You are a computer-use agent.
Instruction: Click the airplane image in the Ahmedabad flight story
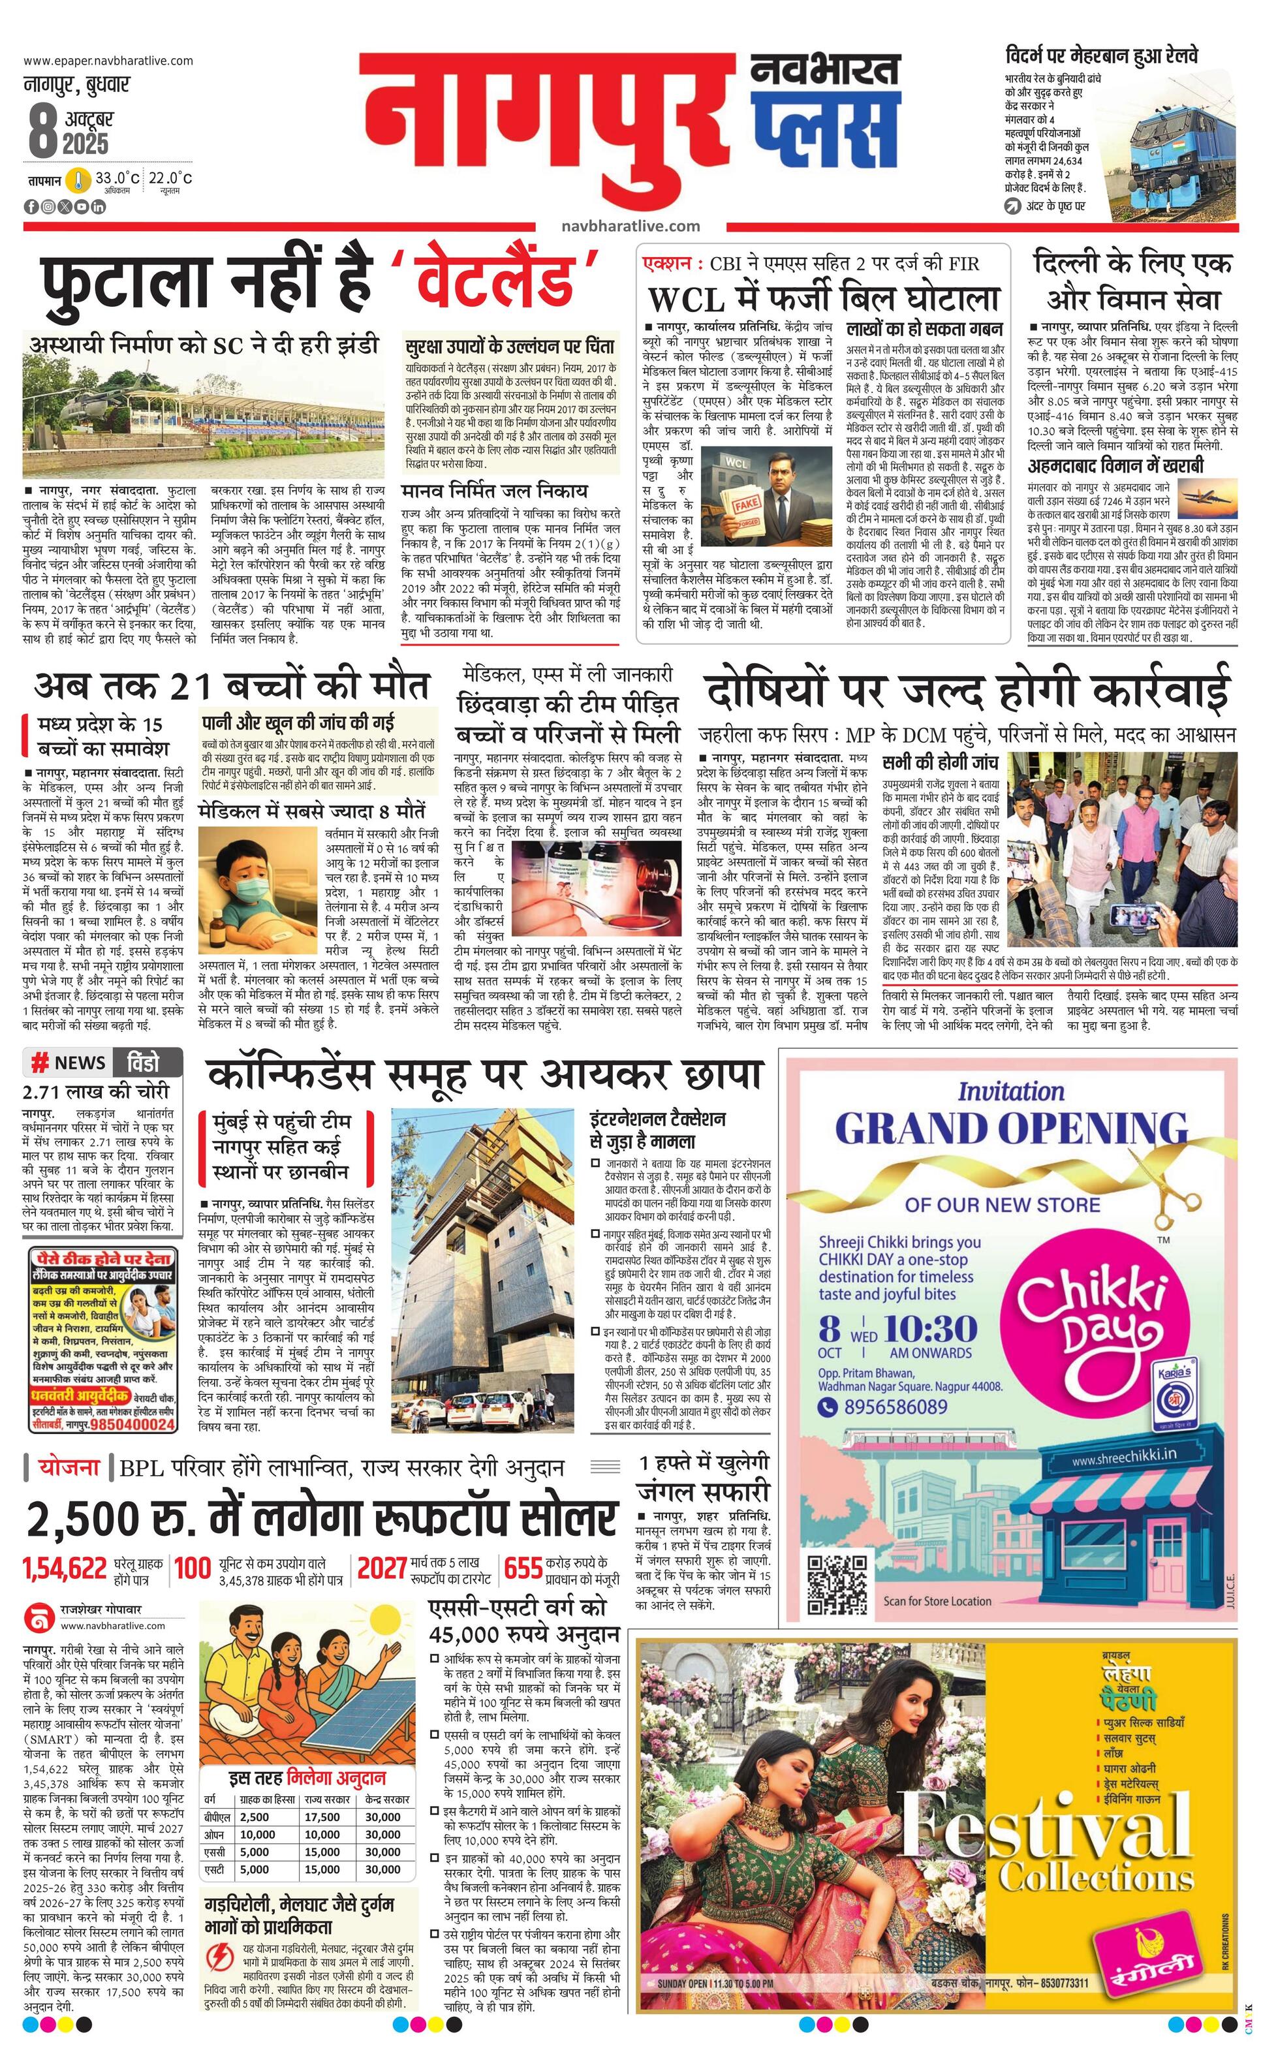(x=1207, y=497)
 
